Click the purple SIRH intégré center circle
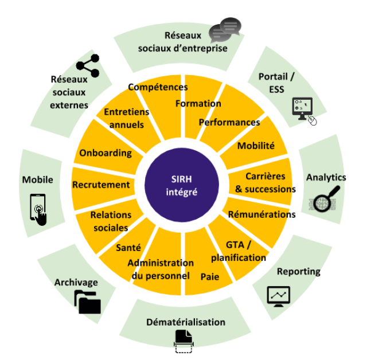coord(183,185)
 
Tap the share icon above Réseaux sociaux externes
coord(88,66)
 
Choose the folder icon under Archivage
coord(87,302)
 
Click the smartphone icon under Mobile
coord(38,209)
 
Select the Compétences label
coord(158,87)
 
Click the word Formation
coord(198,104)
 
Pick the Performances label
coord(229,122)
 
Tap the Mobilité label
coord(256,146)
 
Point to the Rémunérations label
coord(262,214)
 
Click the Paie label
coord(209,276)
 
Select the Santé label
coord(128,248)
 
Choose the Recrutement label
coord(101,185)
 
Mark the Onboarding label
coord(106,153)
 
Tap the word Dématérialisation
coord(186,322)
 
